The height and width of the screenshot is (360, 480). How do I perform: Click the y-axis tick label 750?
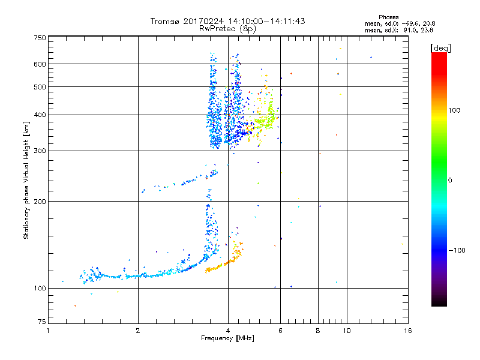pos(40,38)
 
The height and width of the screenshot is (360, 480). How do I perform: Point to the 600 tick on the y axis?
pos(40,64)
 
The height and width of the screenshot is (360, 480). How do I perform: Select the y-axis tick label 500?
pos(40,87)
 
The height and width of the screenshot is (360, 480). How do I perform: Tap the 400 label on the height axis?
pos(40,115)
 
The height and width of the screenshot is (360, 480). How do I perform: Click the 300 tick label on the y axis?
pos(40,151)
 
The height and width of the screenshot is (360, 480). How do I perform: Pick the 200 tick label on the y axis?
pos(40,201)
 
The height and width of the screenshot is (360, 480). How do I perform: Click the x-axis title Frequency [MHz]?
pos(227,338)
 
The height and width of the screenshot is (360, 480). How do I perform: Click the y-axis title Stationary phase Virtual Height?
pos(26,180)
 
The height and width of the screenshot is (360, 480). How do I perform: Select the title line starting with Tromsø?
pos(227,21)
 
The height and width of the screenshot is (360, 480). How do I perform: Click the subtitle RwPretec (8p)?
pos(227,28)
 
